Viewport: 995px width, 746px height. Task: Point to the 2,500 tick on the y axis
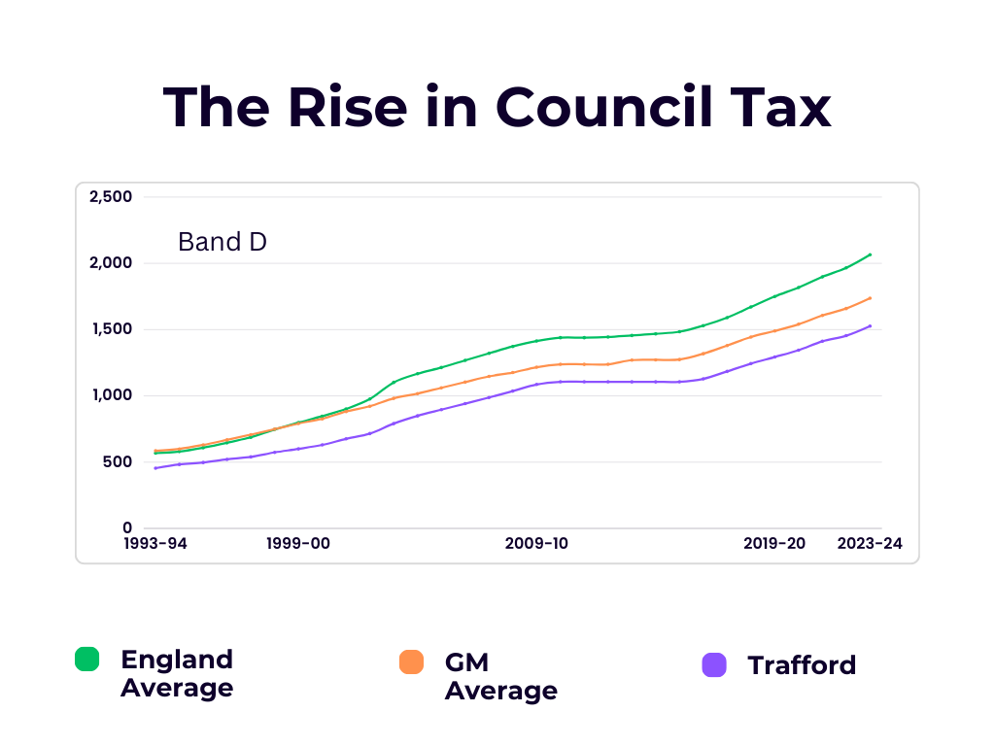click(110, 197)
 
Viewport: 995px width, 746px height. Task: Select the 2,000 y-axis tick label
click(110, 263)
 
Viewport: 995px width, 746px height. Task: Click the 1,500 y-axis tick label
click(110, 329)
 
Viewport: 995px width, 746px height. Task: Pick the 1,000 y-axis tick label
click(110, 395)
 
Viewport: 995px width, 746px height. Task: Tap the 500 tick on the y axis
click(118, 461)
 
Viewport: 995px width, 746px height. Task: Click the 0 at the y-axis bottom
click(127, 527)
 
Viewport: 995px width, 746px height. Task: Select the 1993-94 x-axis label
click(155, 544)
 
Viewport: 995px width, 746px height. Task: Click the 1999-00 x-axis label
click(298, 544)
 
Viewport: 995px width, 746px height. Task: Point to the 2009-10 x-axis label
click(536, 544)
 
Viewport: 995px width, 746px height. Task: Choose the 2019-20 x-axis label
click(774, 544)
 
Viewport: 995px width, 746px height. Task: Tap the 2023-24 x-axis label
click(870, 544)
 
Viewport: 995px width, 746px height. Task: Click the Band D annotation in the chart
click(222, 242)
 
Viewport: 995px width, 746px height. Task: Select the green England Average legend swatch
click(87, 659)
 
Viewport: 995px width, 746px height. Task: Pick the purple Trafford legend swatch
click(714, 665)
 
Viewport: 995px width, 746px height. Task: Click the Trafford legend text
click(802, 665)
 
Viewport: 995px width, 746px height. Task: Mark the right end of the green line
click(870, 254)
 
